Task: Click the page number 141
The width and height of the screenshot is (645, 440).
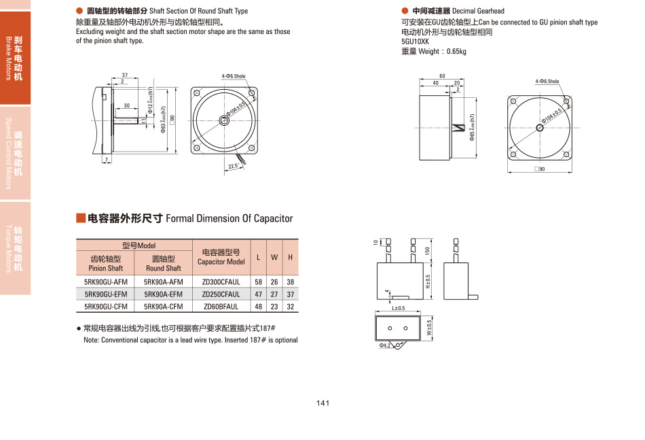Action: [322, 403]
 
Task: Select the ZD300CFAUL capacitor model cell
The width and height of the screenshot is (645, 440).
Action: [221, 282]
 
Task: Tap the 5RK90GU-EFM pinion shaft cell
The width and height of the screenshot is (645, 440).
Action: [105, 294]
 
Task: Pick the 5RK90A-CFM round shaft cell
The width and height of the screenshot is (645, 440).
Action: [163, 307]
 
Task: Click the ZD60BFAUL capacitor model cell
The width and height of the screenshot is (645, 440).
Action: [221, 307]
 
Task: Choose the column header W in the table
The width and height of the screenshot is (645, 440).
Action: [274, 257]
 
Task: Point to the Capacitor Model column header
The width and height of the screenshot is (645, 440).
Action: [221, 257]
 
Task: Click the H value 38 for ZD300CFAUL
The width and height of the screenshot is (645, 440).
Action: [291, 282]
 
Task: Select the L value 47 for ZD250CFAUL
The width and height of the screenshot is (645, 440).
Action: [258, 294]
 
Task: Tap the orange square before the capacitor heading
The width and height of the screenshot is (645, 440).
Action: [80, 218]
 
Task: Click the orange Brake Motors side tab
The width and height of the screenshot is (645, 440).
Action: [15, 58]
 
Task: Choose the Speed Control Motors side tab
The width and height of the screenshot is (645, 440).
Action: [15, 154]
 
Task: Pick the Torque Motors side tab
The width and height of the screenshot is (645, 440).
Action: [15, 248]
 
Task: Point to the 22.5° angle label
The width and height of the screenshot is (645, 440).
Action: [234, 167]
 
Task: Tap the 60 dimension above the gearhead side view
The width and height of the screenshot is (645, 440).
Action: [442, 76]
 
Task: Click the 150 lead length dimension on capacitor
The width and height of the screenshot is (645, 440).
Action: [428, 250]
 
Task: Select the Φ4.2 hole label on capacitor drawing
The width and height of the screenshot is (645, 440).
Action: [385, 345]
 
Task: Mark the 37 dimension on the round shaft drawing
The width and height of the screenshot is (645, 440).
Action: [125, 75]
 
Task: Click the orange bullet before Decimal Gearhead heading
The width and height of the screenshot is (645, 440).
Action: [405, 11]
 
